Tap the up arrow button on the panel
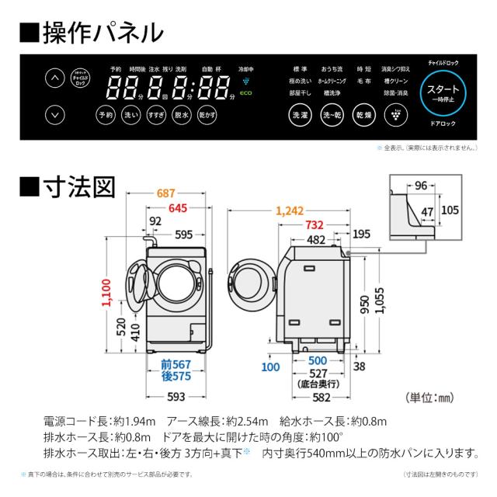click(53, 78)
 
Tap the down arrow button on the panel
click(53, 114)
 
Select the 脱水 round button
click(181, 115)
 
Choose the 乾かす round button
click(206, 115)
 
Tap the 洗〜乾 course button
click(332, 115)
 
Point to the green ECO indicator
click(245, 93)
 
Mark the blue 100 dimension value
click(270, 367)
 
